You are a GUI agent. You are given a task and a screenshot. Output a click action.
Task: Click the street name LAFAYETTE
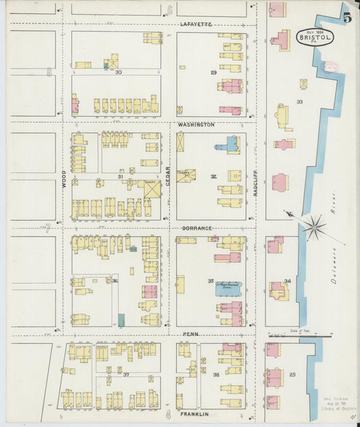click(x=196, y=24)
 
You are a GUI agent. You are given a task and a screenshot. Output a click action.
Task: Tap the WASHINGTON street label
click(x=196, y=125)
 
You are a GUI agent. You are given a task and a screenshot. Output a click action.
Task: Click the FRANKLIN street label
click(x=195, y=413)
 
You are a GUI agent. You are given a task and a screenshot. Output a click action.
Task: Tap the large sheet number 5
click(x=346, y=18)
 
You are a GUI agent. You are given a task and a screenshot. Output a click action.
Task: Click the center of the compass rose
click(x=314, y=227)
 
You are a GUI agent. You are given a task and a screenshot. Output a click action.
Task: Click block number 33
click(x=299, y=102)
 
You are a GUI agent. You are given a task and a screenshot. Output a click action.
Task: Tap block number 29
click(x=213, y=72)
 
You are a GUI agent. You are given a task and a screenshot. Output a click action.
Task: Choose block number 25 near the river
click(x=292, y=374)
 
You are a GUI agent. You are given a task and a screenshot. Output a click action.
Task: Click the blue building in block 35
click(x=228, y=288)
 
